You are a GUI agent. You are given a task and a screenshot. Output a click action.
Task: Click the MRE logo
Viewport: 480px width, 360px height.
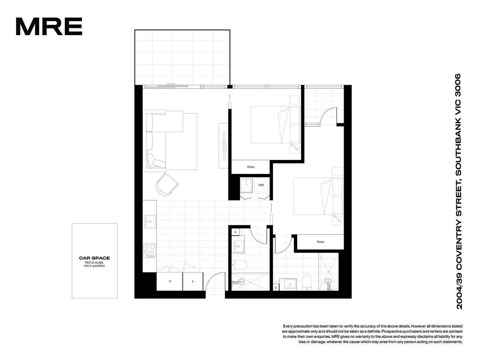point(49,26)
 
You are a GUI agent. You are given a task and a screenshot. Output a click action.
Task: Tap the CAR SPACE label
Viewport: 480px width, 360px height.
point(94,258)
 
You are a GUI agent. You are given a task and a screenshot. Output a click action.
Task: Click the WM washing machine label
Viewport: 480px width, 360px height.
point(261,185)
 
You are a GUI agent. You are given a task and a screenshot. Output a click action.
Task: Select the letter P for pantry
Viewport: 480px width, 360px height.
point(170,282)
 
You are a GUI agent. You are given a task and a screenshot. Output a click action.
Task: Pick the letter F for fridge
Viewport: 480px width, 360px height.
point(193,282)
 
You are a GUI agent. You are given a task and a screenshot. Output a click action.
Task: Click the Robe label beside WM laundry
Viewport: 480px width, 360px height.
point(251,167)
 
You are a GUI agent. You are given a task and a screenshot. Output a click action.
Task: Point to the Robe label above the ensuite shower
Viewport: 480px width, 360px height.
point(320,242)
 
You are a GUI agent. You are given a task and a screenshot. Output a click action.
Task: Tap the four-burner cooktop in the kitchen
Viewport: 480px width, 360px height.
point(150,251)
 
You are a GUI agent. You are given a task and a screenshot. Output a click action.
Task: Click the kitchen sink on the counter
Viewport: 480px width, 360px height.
point(150,222)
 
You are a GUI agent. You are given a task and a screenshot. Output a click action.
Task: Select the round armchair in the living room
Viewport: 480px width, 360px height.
point(166,184)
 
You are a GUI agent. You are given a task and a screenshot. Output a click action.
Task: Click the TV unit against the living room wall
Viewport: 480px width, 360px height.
point(223,146)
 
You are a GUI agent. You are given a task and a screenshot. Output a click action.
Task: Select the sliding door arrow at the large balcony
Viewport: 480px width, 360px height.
point(171,84)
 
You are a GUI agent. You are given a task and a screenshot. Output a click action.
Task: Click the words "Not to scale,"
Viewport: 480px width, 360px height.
point(94,262)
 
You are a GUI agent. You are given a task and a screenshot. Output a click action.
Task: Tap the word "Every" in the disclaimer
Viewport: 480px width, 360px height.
point(288,326)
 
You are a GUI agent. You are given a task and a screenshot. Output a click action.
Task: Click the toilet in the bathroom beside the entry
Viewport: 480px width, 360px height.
point(240,265)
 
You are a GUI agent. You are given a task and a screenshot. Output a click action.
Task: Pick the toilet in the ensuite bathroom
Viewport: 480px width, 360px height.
point(306,282)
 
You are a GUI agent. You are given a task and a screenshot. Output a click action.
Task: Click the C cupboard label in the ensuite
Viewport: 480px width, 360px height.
point(276,288)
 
